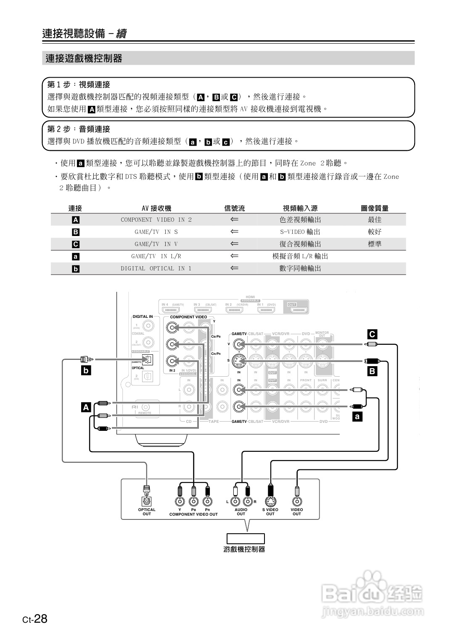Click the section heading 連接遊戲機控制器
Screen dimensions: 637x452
(84, 58)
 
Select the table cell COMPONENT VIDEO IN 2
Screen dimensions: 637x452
(156, 220)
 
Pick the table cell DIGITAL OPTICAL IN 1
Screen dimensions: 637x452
(156, 268)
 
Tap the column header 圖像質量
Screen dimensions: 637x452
(374, 208)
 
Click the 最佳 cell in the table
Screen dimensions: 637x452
(374, 220)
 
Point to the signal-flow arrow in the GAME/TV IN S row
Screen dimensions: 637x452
(234, 232)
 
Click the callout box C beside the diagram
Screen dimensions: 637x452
(372, 334)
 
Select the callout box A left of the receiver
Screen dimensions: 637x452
(86, 407)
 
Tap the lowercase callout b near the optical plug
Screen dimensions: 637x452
(86, 370)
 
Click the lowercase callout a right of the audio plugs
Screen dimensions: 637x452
(357, 417)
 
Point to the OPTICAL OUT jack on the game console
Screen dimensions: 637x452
(146, 501)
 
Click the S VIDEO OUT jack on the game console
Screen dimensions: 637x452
(270, 501)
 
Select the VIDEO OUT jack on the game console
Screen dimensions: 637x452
(297, 501)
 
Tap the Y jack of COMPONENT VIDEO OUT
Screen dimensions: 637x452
(180, 501)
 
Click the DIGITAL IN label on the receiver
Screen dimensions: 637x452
(143, 317)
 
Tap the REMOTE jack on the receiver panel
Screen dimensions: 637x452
(145, 407)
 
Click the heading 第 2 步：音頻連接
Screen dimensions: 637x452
(79, 129)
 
